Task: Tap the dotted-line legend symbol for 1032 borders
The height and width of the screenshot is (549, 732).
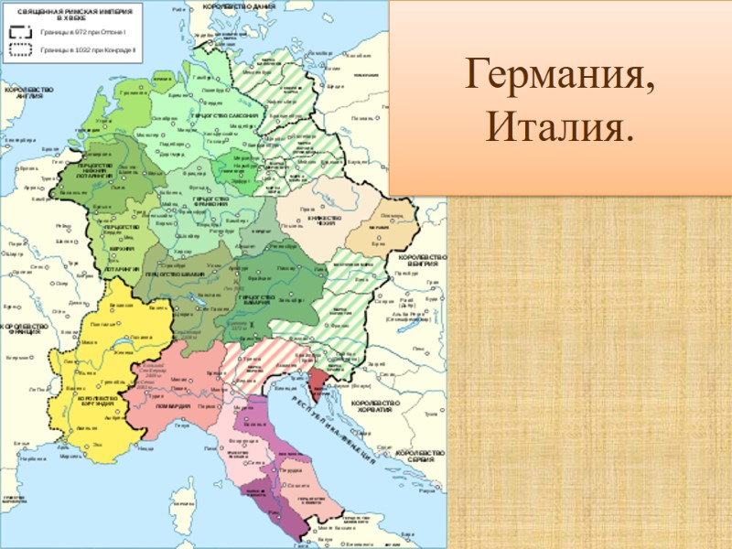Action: click(x=20, y=50)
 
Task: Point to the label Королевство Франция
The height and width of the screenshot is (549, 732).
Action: click(x=24, y=328)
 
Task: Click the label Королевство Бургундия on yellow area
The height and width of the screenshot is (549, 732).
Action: click(x=97, y=403)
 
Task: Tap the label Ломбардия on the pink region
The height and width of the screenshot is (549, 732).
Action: click(x=174, y=405)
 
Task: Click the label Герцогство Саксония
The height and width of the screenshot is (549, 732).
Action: click(x=224, y=117)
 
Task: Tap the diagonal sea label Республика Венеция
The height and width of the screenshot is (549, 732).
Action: click(x=335, y=430)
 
